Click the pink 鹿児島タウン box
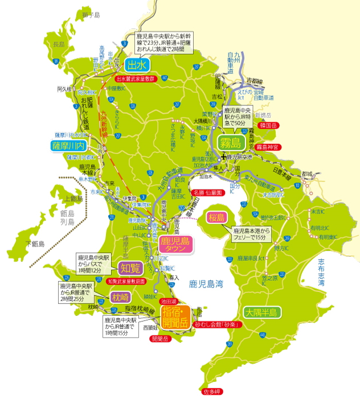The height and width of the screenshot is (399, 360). (x=176, y=244)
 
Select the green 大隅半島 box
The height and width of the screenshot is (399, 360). (x=261, y=312)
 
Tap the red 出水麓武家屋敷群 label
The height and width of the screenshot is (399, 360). (x=136, y=79)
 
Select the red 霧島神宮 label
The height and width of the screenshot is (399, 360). (x=268, y=147)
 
